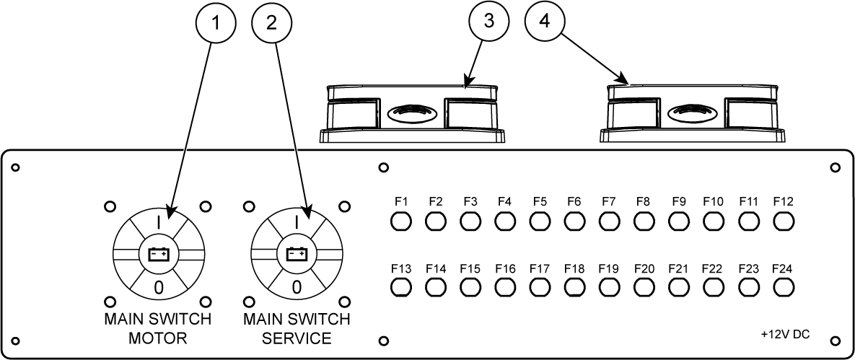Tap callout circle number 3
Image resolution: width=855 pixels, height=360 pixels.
click(490, 21)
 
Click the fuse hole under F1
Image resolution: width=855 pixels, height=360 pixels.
click(401, 220)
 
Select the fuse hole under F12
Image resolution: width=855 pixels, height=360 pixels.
click(783, 220)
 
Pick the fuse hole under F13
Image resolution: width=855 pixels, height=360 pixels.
click(401, 287)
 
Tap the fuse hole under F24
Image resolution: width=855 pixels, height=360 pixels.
click(783, 287)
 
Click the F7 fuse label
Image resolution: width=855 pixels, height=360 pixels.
click(608, 201)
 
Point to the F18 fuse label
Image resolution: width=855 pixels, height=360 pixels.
click(574, 269)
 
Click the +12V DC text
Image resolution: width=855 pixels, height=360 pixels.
click(785, 335)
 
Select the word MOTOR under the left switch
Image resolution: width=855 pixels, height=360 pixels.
click(158, 338)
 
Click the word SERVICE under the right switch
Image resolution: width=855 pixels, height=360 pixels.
click(297, 338)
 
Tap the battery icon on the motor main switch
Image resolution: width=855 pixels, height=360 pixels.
click(158, 254)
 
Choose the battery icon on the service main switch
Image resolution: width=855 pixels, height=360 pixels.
click(297, 254)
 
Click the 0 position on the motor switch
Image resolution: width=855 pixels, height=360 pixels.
click(158, 287)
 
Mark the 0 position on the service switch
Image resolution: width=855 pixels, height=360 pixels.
click(297, 287)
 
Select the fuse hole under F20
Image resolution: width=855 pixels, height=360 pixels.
click(644, 287)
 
